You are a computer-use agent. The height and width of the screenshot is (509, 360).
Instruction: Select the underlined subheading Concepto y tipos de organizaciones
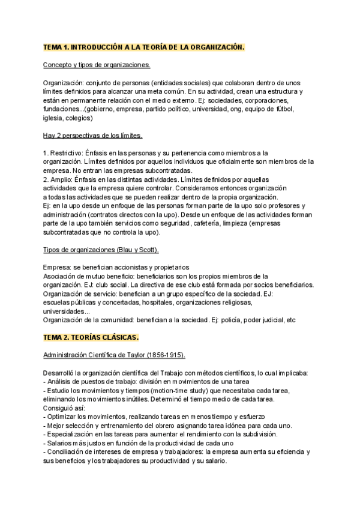[x=97, y=65]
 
